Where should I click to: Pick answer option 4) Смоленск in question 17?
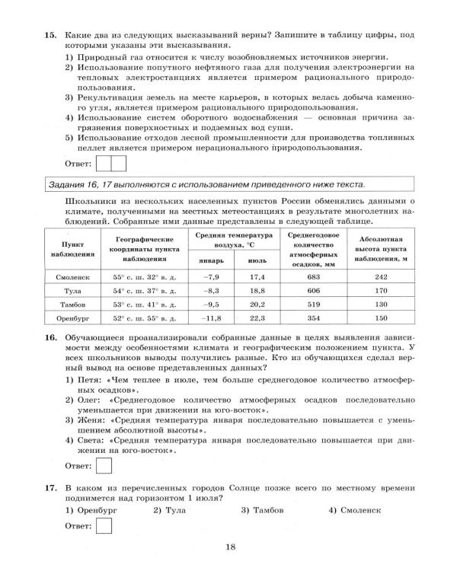(x=350, y=509)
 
